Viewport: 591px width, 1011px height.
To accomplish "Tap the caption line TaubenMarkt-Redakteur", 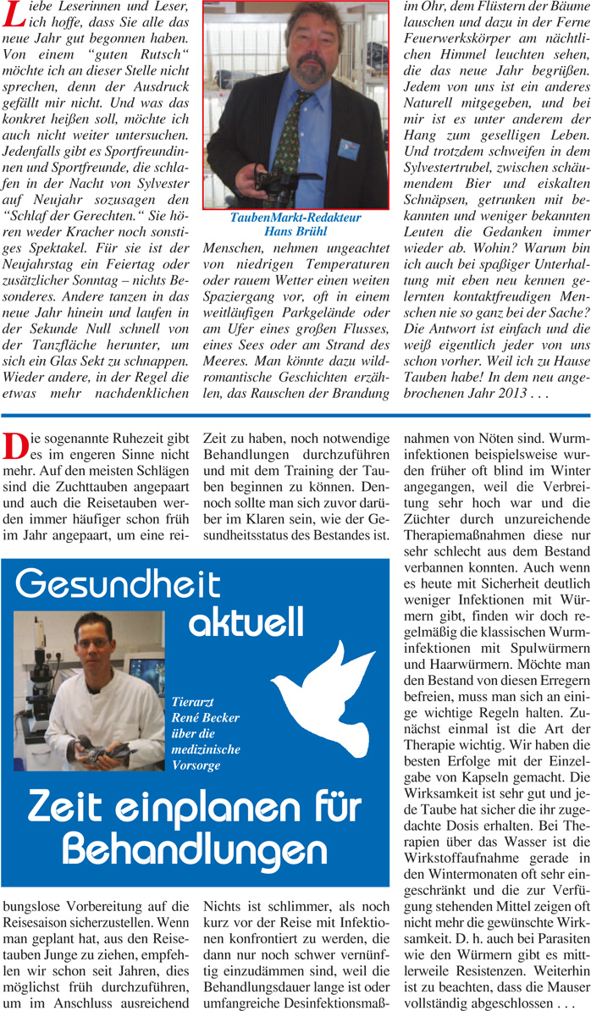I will click(x=295, y=218).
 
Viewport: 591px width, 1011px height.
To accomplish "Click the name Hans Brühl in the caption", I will click(x=295, y=230).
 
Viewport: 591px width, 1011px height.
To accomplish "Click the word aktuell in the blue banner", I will click(x=245, y=624).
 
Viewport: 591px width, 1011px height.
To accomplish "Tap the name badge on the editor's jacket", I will click(x=348, y=149).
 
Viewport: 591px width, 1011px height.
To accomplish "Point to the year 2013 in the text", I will click(x=530, y=394).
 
